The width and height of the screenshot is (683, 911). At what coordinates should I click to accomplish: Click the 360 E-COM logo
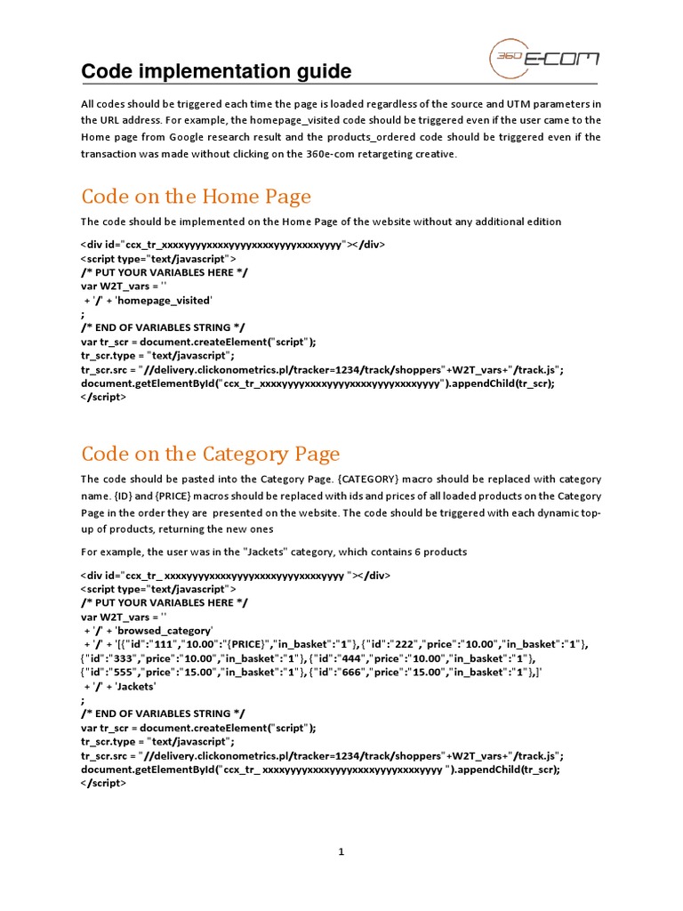[543, 61]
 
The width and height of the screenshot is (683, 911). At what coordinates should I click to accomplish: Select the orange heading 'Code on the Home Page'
[196, 196]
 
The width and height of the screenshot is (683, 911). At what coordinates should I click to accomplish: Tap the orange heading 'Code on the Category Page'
[210, 455]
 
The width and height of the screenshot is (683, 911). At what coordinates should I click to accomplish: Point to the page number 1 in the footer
[341, 851]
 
